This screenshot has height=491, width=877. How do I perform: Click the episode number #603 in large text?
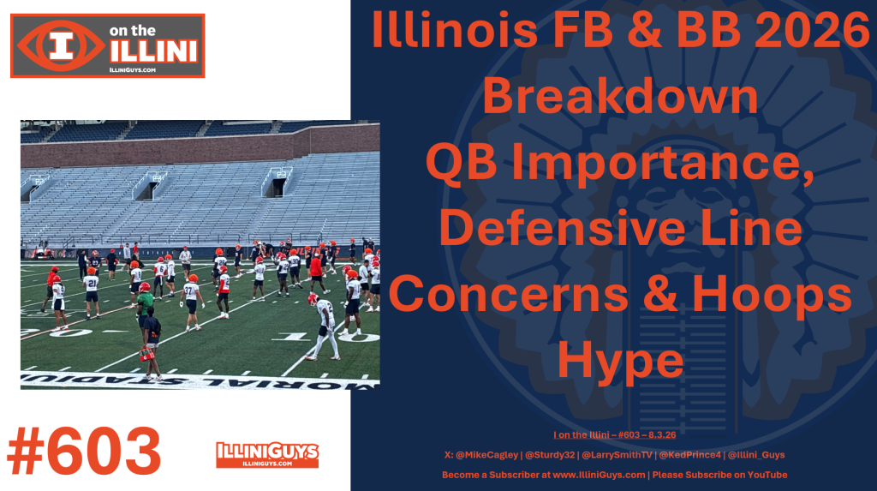(x=85, y=452)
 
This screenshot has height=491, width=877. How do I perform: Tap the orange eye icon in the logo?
(x=61, y=46)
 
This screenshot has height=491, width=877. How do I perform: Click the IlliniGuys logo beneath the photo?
(x=267, y=455)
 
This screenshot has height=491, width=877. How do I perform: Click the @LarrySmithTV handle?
(x=617, y=455)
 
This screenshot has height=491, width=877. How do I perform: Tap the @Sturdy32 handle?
(x=550, y=455)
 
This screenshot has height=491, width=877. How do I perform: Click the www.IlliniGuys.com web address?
(x=599, y=475)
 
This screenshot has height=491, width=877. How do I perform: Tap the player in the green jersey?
(x=145, y=305)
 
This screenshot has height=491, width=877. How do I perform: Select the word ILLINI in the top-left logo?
(x=153, y=51)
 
